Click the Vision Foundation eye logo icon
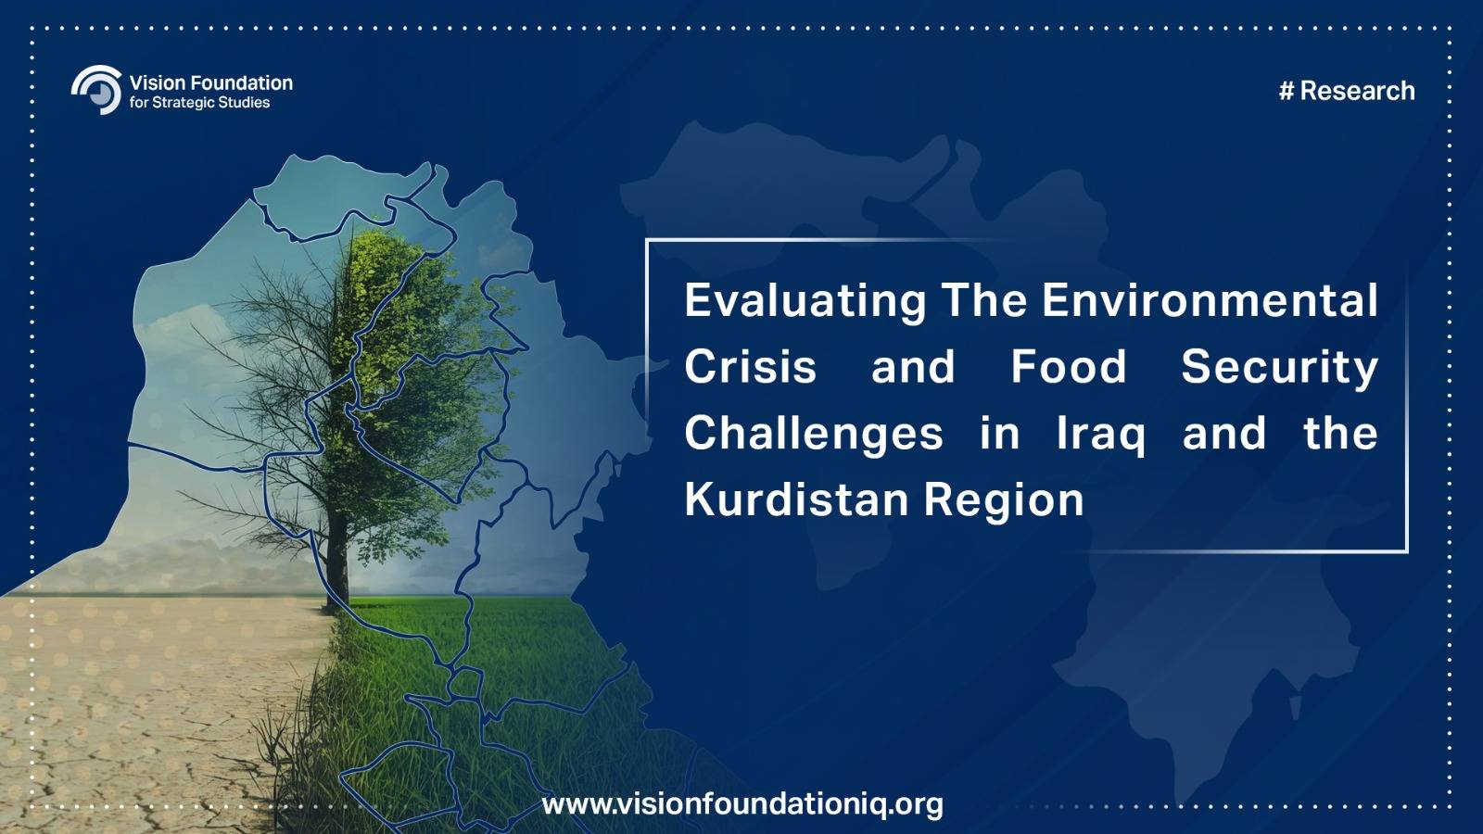(97, 89)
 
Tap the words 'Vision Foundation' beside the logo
(211, 82)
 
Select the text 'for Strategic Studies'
(200, 103)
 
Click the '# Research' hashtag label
(1348, 91)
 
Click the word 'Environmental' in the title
(1210, 300)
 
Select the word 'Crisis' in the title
(751, 367)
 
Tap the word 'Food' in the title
(1069, 367)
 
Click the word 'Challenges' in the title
(815, 436)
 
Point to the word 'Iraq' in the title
(1100, 436)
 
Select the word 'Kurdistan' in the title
(796, 499)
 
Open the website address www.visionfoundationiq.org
(742, 805)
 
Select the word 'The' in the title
(984, 300)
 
